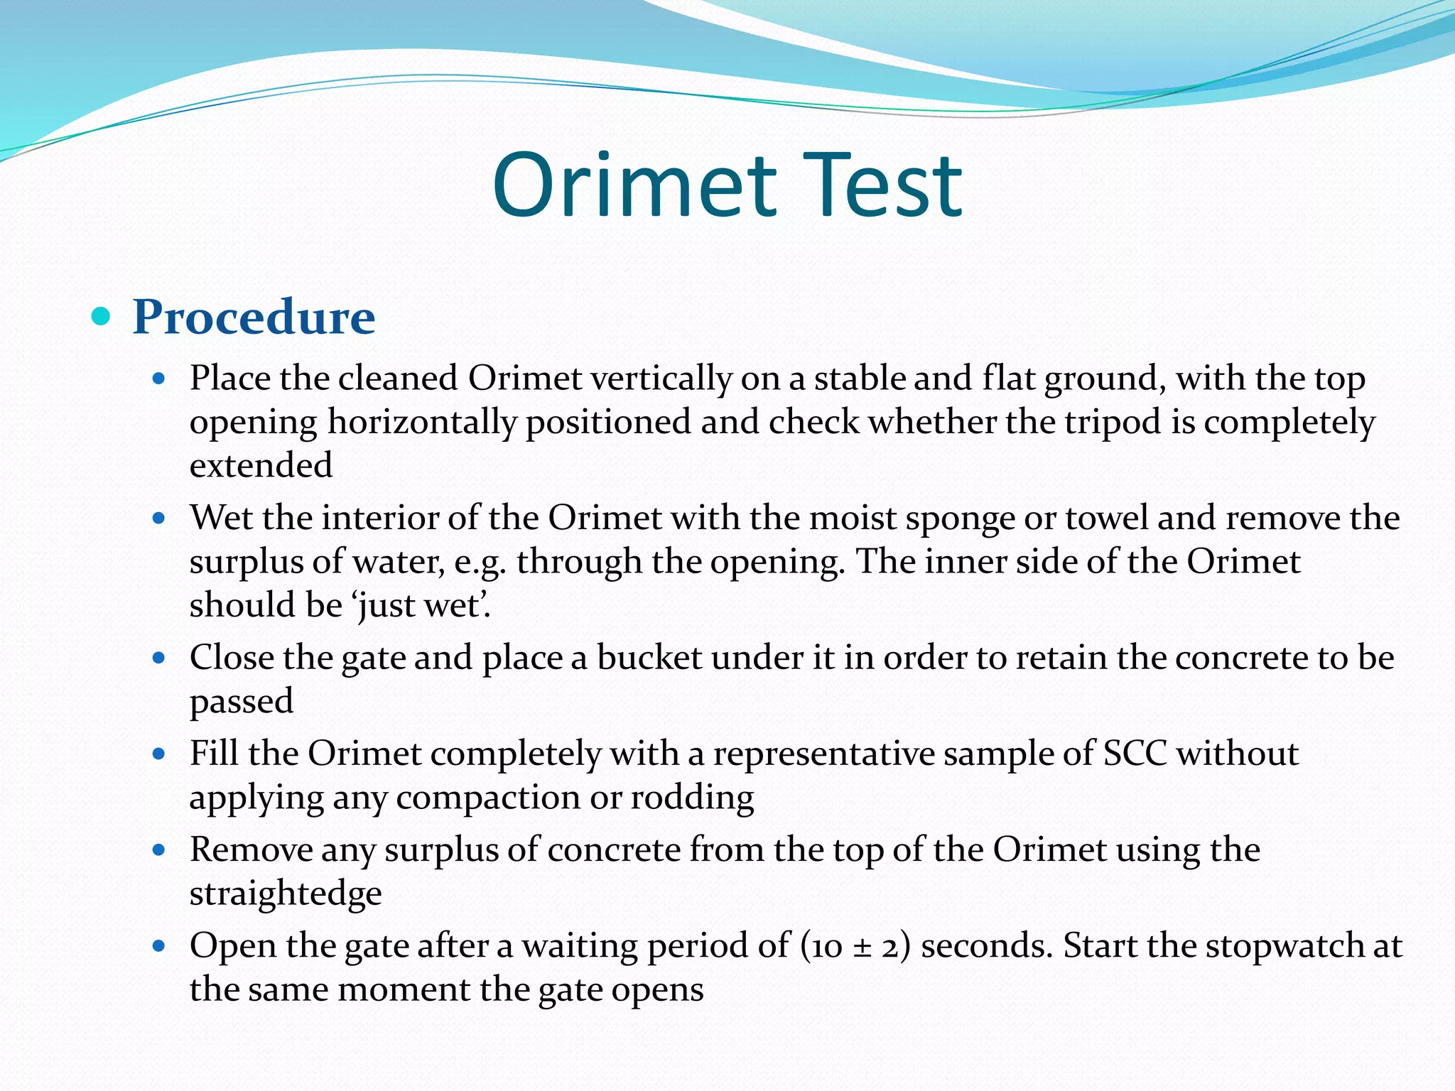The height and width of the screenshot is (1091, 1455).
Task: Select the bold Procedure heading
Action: [x=254, y=317]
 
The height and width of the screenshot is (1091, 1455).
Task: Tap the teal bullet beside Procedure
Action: [x=102, y=316]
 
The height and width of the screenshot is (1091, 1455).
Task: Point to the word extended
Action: [x=261, y=465]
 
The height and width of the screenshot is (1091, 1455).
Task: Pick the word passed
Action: [x=242, y=702]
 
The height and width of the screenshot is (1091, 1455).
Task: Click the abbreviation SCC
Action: [x=1135, y=753]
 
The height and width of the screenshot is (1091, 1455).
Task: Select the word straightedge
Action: [x=286, y=894]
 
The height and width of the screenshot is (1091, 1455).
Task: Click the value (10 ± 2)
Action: [x=855, y=946]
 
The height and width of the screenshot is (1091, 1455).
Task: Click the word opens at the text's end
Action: [x=657, y=990]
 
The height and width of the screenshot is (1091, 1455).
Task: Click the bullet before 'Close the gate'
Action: [x=159, y=658]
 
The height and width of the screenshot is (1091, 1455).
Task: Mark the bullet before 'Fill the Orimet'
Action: [x=159, y=754]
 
